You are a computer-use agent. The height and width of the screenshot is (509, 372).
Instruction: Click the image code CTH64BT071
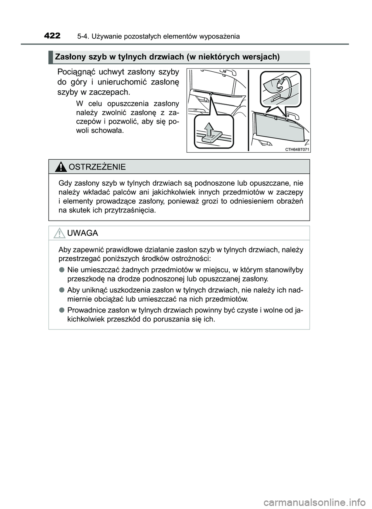297,149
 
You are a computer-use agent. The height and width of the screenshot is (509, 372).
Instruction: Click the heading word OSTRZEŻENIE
97,167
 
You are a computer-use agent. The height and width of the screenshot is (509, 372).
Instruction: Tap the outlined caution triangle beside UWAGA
60,233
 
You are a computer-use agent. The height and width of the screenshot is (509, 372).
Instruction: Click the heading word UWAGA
83,233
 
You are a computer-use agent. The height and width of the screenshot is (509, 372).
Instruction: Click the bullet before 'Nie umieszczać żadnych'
62,269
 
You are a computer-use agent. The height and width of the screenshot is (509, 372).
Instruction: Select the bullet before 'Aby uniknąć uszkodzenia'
62,290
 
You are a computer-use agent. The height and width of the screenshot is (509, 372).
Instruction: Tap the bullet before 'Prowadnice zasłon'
62,310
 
